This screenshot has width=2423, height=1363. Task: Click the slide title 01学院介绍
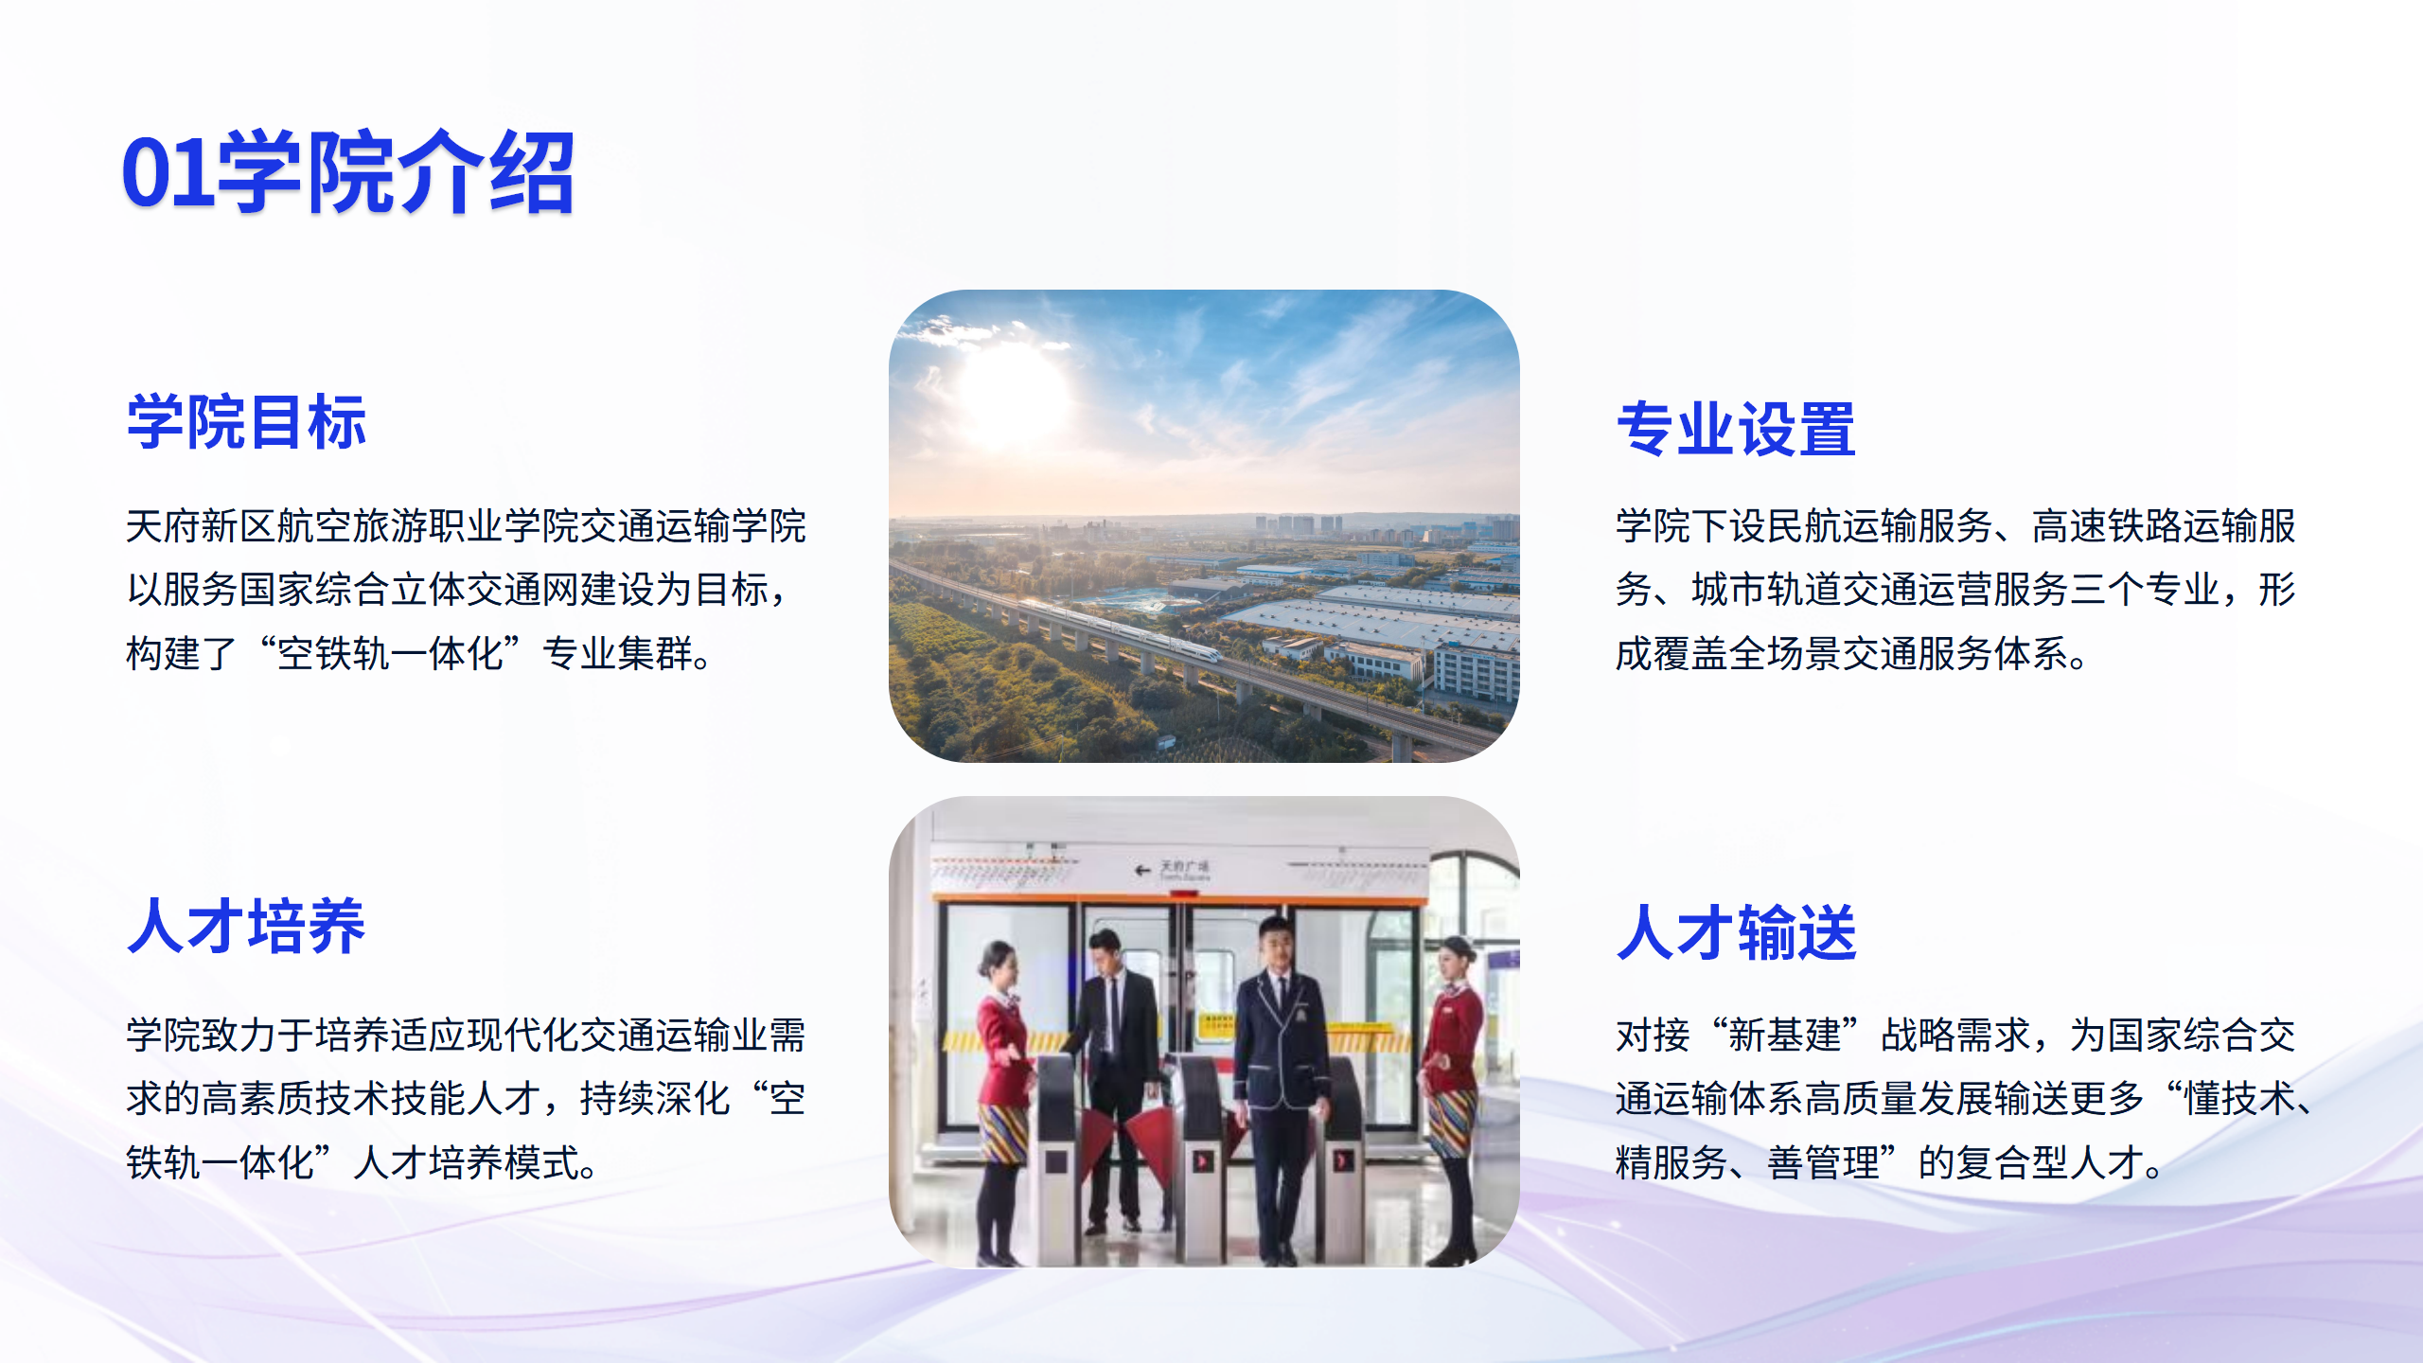coord(348,172)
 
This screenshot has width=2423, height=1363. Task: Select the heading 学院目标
coord(247,422)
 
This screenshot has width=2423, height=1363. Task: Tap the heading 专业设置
coord(1736,429)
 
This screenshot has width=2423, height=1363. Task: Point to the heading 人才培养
coord(246,926)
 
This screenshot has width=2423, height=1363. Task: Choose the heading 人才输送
coord(1736,932)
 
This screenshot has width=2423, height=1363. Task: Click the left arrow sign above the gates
coord(1143,869)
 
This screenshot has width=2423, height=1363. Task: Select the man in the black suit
coord(1117,1079)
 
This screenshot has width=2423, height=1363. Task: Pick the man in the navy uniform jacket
coord(1280,1089)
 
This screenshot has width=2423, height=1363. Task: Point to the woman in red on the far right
coord(1453,1098)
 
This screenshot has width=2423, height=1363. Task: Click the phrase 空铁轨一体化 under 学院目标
coord(390,654)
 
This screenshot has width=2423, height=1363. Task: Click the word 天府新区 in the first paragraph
coord(201,526)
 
